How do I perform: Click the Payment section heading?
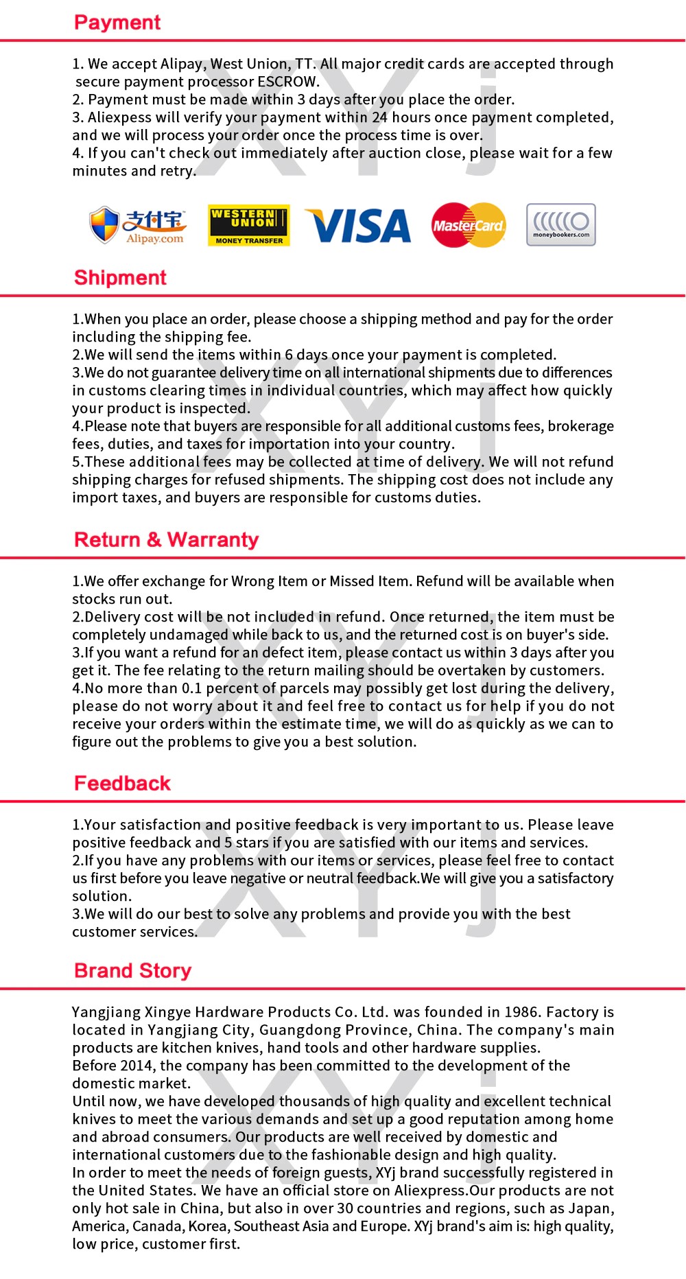[117, 23]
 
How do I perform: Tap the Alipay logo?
[137, 225]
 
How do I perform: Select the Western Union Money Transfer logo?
[248, 225]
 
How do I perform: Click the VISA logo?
[358, 226]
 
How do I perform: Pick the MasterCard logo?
[469, 225]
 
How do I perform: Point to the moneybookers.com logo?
[560, 224]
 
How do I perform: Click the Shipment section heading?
[120, 278]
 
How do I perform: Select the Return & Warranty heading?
[166, 540]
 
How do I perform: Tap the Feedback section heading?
[122, 784]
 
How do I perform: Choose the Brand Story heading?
[132, 971]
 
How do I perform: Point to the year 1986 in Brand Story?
[521, 1012]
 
